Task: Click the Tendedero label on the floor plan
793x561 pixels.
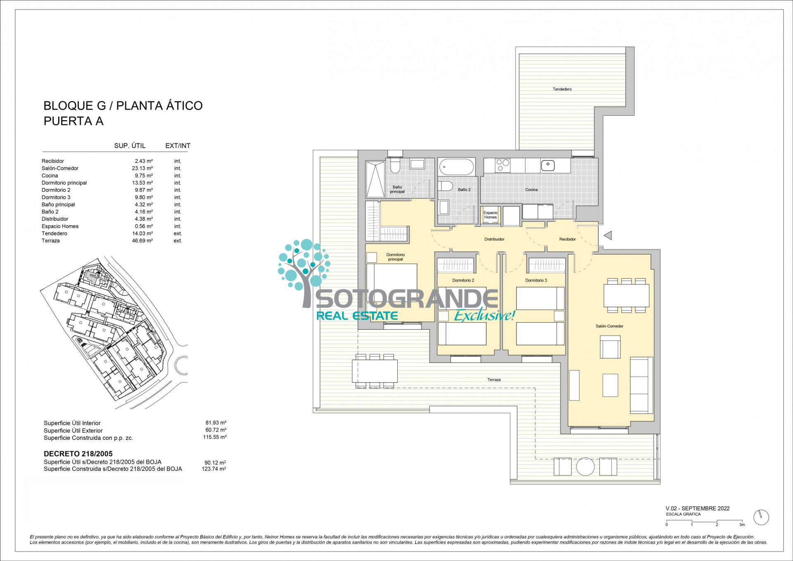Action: [562, 89]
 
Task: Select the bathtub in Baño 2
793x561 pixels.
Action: [456, 167]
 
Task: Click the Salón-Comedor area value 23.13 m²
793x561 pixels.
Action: [142, 168]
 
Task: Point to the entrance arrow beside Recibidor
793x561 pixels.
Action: [608, 235]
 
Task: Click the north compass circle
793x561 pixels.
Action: [761, 517]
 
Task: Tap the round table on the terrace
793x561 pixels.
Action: [585, 467]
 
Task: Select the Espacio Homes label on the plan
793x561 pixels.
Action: [491, 215]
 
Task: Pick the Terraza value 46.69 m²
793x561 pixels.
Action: [142, 240]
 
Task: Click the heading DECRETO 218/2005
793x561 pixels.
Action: [78, 454]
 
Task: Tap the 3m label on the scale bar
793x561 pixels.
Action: [742, 525]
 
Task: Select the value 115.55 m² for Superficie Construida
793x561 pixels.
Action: [215, 437]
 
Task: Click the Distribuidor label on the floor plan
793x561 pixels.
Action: [494, 239]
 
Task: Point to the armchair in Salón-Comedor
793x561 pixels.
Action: [610, 347]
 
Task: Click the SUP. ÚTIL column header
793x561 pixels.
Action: [130, 146]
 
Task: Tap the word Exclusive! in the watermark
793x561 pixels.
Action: [484, 315]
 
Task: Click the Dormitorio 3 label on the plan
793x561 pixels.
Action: [536, 280]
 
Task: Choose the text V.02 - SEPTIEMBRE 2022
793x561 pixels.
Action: [698, 509]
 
